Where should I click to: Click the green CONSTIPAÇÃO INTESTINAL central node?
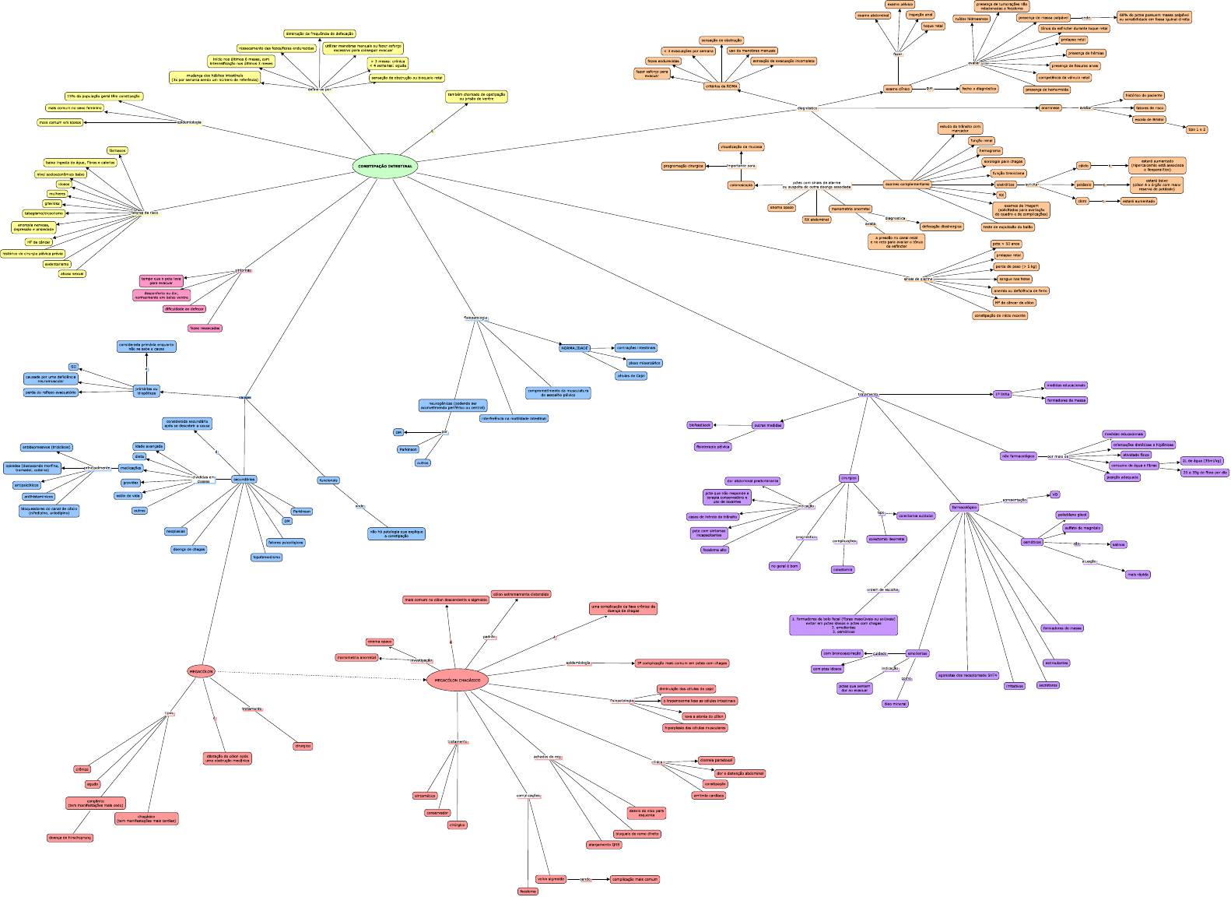[x=385, y=166]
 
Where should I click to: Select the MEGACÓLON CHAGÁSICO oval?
[x=458, y=681]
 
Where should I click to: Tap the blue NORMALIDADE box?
[x=575, y=348]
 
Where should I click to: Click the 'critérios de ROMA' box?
[x=721, y=86]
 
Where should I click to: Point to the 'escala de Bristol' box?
[x=1149, y=119]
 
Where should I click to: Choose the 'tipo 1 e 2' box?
[x=1197, y=129]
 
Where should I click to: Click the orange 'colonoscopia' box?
[x=741, y=185]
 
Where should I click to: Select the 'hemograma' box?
[x=990, y=151]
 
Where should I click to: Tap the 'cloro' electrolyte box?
[x=1082, y=201]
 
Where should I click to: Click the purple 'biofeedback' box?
[x=700, y=425]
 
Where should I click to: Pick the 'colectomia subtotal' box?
[x=915, y=515]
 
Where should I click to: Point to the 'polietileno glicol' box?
[x=1071, y=515]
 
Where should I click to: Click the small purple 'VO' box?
[x=1054, y=494]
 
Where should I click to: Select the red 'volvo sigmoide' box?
[x=551, y=879]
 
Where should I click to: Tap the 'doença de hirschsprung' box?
[x=70, y=838]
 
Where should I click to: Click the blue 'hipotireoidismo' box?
[x=266, y=557]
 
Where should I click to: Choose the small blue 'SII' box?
[x=73, y=367]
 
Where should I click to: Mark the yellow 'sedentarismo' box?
[x=57, y=264]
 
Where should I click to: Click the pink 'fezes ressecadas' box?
[x=205, y=328]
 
